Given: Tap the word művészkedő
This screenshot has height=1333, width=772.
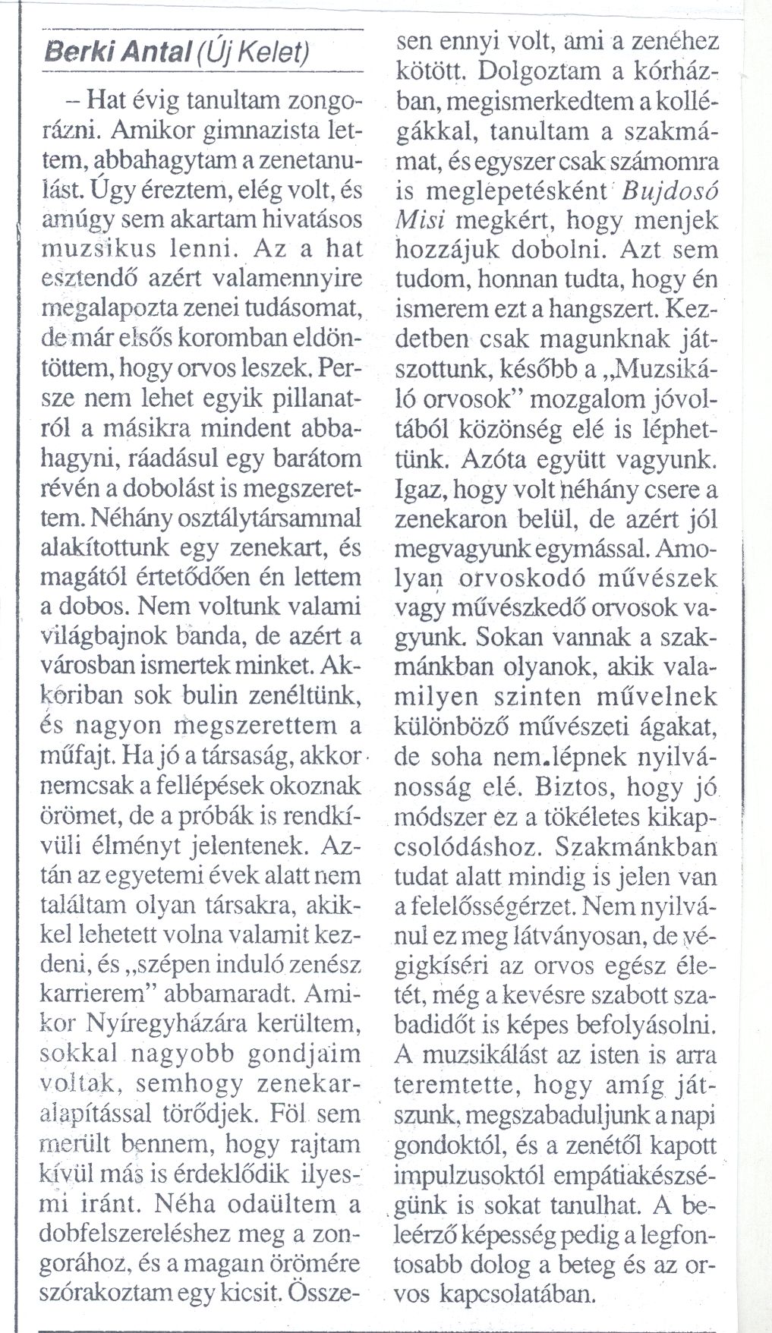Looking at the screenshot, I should [511, 607].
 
